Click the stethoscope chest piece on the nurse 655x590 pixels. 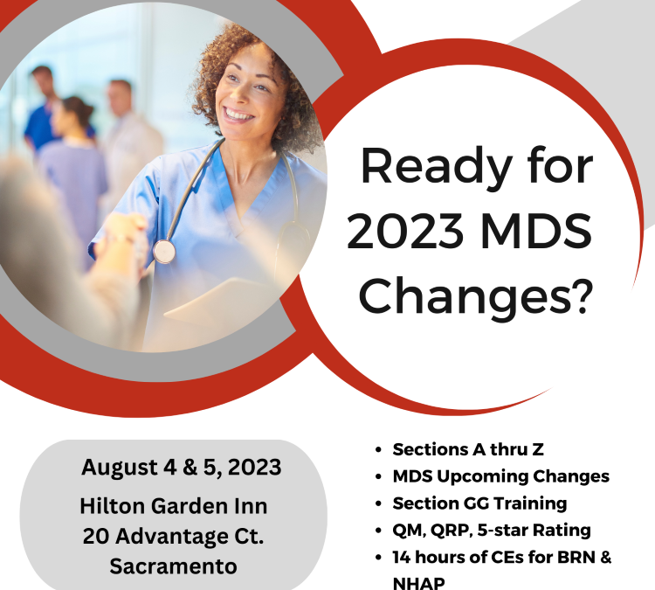point(164,252)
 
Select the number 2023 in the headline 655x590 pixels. point(405,231)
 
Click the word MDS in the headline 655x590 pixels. point(536,231)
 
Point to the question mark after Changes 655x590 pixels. point(582,295)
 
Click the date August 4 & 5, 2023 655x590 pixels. point(182,467)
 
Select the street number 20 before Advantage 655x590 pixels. point(96,536)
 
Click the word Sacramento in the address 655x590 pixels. point(174,566)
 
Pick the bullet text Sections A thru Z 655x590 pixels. point(468,449)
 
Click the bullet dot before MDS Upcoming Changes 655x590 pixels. point(378,476)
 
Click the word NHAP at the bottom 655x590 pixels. point(418,583)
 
